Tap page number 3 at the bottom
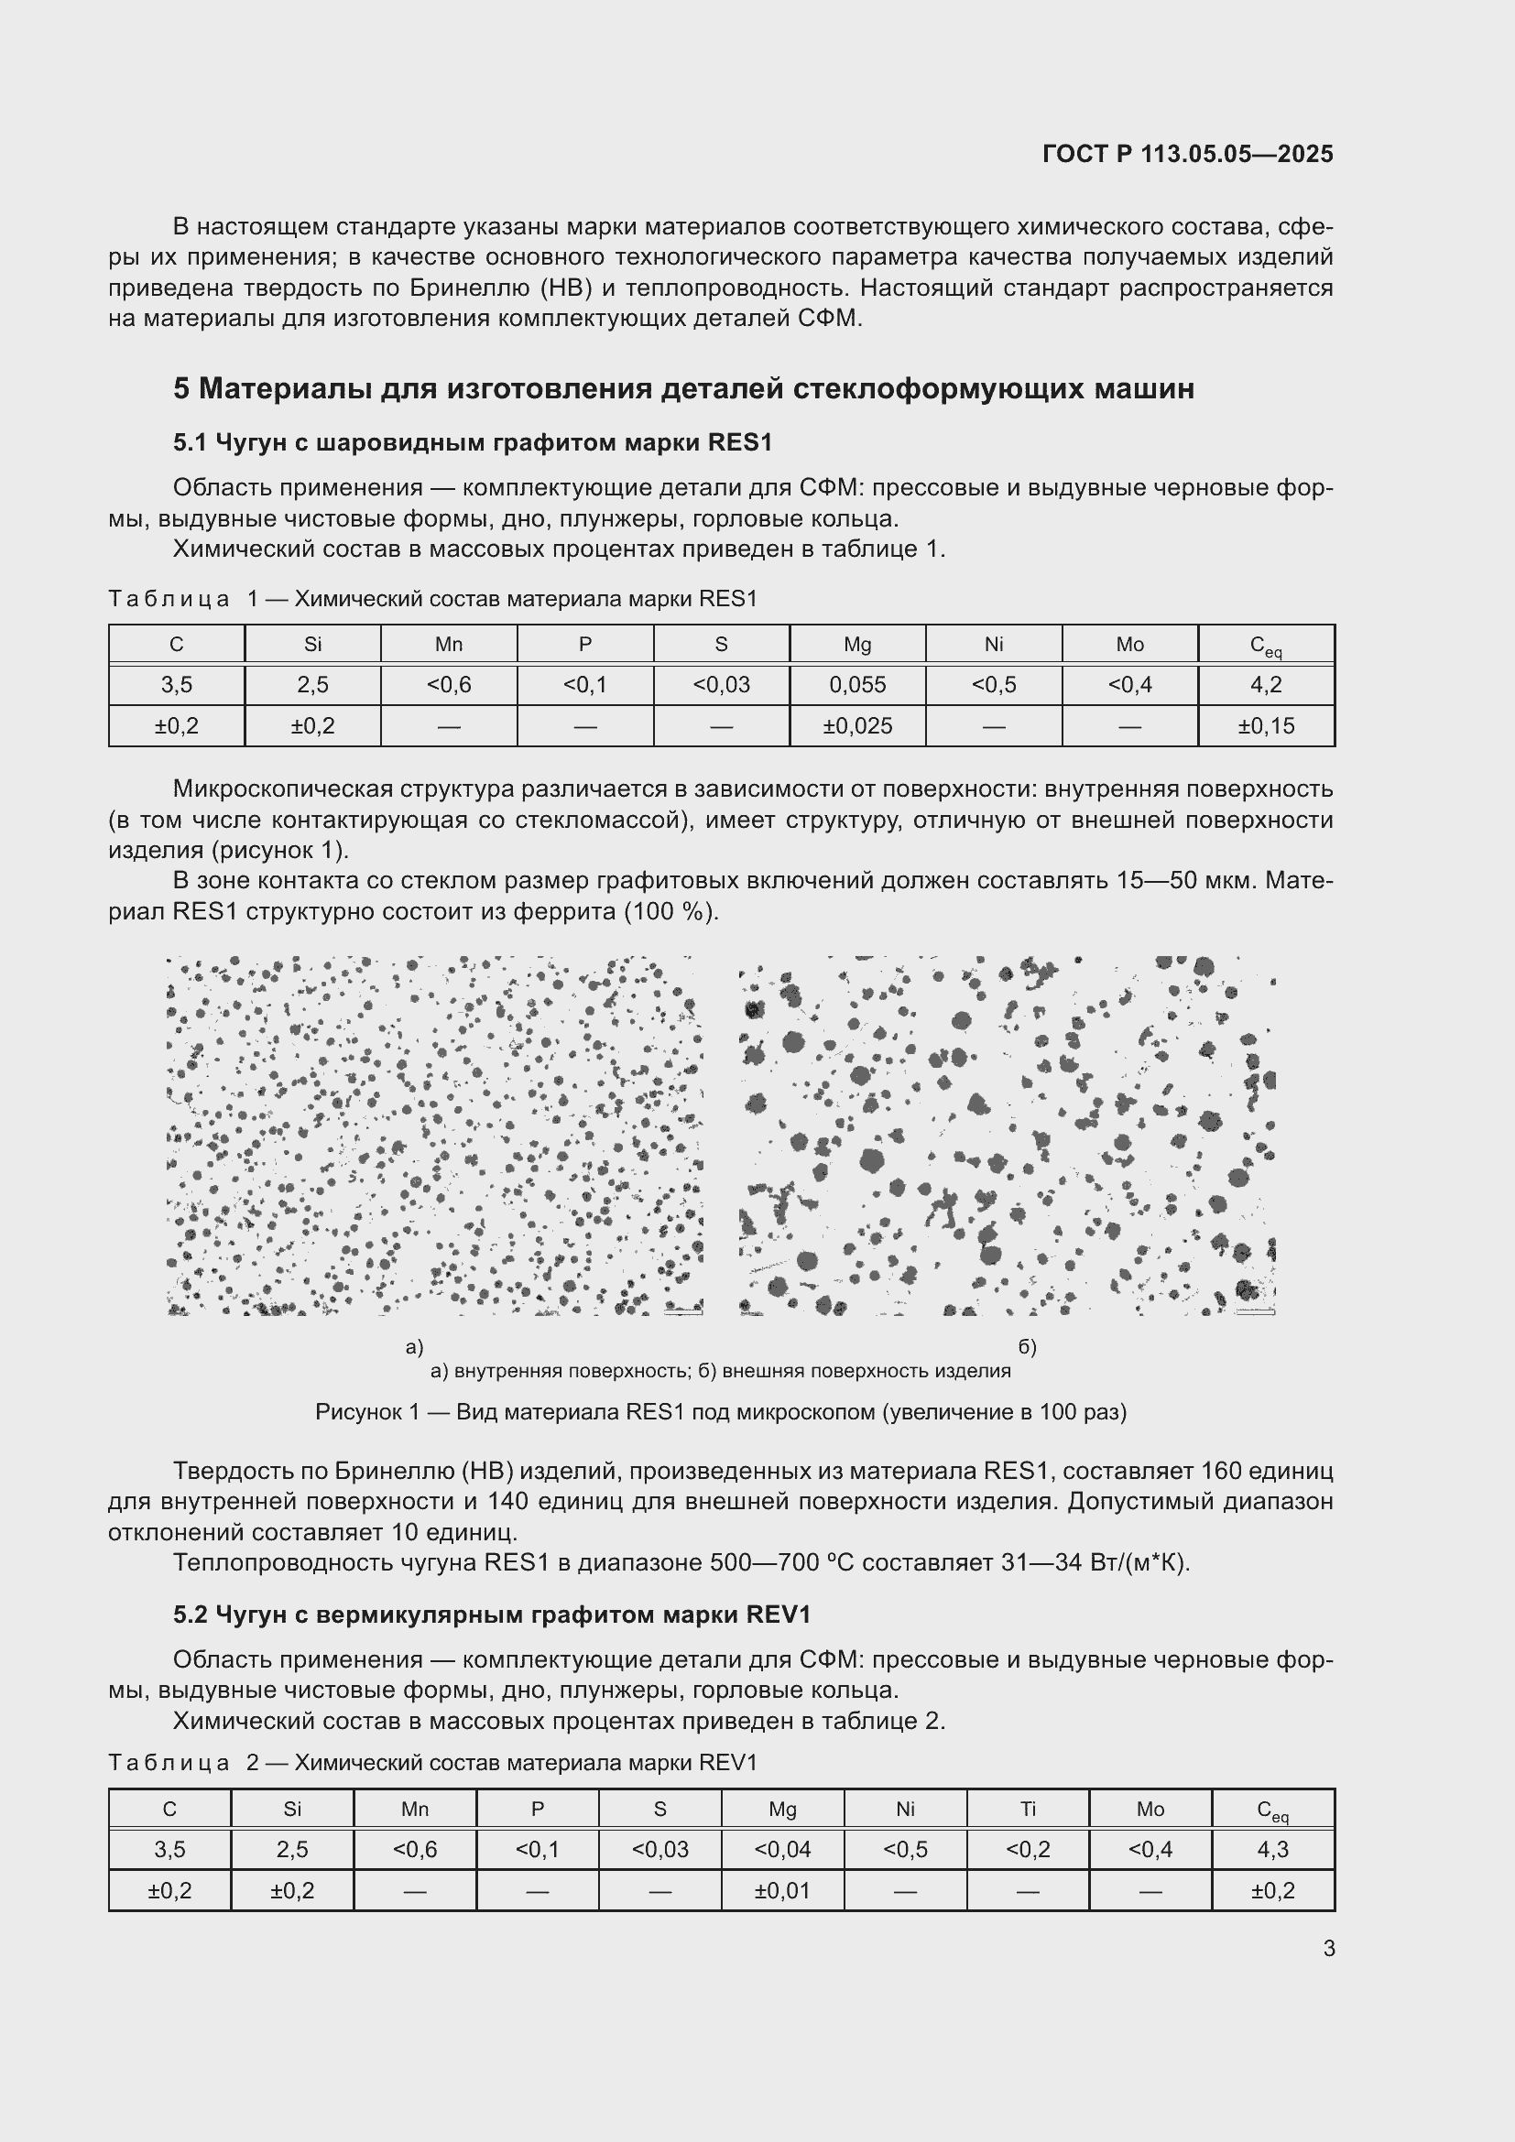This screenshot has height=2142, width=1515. (x=1329, y=1948)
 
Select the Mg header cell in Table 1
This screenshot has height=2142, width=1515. (x=856, y=645)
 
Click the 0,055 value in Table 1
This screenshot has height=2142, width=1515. (x=856, y=685)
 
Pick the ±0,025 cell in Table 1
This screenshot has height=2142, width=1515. (x=856, y=726)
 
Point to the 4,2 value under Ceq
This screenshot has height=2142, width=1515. (x=1265, y=685)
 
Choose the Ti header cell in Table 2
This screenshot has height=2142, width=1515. (x=1027, y=1809)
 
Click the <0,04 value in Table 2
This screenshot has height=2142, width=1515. (x=781, y=1849)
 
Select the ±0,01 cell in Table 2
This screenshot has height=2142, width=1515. (x=781, y=1890)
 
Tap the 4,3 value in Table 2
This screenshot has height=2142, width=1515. (x=1272, y=1849)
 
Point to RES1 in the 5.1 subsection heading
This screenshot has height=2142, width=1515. (x=740, y=442)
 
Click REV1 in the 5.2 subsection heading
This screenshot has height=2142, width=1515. (x=779, y=1614)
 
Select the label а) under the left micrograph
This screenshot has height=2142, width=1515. (x=414, y=1347)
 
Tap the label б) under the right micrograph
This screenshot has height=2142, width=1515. (x=1027, y=1347)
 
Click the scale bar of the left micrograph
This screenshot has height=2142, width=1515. (x=683, y=1311)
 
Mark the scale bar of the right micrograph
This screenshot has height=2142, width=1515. (x=1254, y=1311)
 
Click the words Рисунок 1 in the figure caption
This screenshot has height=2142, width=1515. (x=367, y=1412)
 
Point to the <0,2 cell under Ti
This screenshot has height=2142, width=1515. (x=1027, y=1849)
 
